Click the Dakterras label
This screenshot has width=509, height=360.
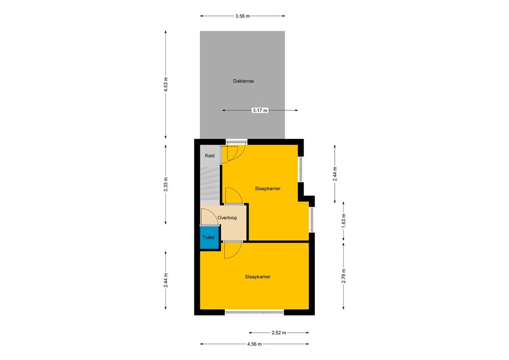[244, 81]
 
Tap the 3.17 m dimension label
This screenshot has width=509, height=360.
[260, 110]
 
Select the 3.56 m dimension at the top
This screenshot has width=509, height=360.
[243, 16]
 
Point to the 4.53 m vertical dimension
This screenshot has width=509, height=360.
[165, 84]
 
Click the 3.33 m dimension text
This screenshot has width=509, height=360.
[165, 184]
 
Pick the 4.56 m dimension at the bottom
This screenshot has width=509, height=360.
[254, 344]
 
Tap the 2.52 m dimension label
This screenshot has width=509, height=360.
[279, 333]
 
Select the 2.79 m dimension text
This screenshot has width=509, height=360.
[344, 276]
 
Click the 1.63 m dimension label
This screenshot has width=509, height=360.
[344, 221]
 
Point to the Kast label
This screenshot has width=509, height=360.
[210, 156]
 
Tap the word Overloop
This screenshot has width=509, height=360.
[227, 218]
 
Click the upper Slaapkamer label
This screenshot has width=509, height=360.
[268, 188]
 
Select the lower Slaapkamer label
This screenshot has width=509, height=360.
[258, 277]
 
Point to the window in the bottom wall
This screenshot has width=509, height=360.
[254, 312]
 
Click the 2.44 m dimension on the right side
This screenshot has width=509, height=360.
[335, 174]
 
